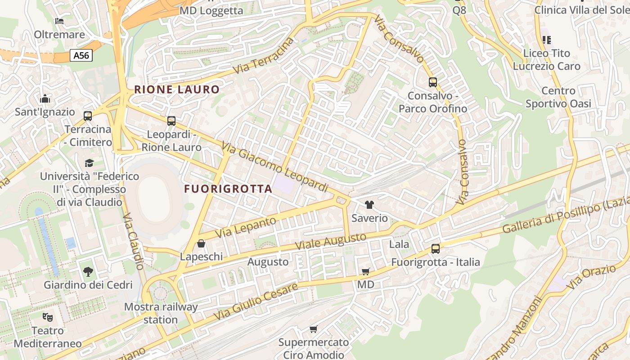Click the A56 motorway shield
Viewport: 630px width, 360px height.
[x=81, y=55]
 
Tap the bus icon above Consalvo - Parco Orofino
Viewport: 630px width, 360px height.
[x=433, y=82]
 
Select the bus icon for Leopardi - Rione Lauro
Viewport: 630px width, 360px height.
[x=171, y=121]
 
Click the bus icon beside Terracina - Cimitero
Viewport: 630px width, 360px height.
[x=88, y=116]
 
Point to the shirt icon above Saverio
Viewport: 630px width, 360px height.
[x=369, y=205]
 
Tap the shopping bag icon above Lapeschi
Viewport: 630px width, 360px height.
[x=201, y=243]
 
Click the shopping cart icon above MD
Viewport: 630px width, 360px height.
[x=365, y=271]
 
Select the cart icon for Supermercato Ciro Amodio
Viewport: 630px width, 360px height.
[x=314, y=329]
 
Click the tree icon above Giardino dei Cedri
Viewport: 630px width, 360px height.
[x=88, y=271]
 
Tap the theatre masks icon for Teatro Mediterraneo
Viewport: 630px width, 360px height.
[x=48, y=317]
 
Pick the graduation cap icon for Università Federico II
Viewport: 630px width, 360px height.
[x=89, y=162]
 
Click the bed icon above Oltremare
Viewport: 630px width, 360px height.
[x=59, y=21]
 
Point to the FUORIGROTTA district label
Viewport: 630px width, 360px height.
[x=228, y=189]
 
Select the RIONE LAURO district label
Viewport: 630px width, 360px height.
[x=177, y=89]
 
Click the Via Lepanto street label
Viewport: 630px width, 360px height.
[x=246, y=228]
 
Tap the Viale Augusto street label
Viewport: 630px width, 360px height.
[x=331, y=242]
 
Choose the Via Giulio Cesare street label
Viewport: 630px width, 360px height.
[x=256, y=301]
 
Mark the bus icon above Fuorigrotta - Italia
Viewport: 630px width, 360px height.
[x=435, y=248]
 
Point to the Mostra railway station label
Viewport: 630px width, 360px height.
[x=161, y=313]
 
